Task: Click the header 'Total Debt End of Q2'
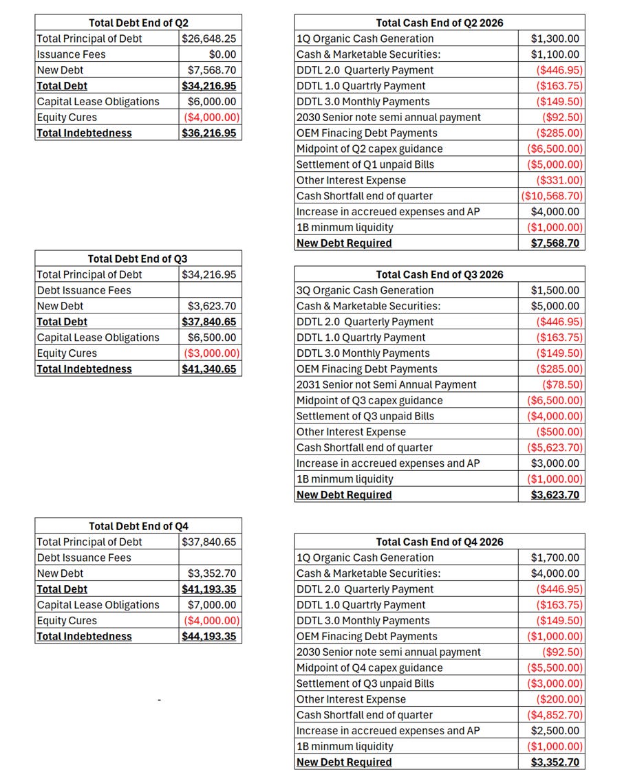138,23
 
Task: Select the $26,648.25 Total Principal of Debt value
209,38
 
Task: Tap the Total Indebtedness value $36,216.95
209,133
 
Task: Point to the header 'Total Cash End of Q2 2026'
440,23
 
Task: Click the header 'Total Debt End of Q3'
138,258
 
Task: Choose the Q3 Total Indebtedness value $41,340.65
209,368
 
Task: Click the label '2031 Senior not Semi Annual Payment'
387,384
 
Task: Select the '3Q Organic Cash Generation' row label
365,290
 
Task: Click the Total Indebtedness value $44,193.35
209,636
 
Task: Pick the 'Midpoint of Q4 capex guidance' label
369,668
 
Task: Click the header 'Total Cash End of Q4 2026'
440,542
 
